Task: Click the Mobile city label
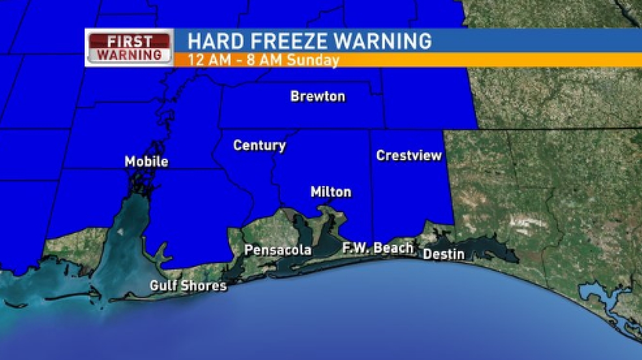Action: pyautogui.click(x=147, y=161)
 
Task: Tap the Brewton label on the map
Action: pyautogui.click(x=318, y=97)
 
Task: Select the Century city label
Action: pyautogui.click(x=259, y=146)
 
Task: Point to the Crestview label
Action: pyautogui.click(x=409, y=156)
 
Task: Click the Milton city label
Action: pyautogui.click(x=331, y=192)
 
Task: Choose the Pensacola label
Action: pyautogui.click(x=277, y=250)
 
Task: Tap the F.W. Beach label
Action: pyautogui.click(x=378, y=248)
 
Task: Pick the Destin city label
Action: pyautogui.click(x=443, y=254)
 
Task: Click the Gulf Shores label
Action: pyautogui.click(x=188, y=286)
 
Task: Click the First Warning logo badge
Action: pyautogui.click(x=129, y=48)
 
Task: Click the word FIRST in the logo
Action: pyautogui.click(x=129, y=41)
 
